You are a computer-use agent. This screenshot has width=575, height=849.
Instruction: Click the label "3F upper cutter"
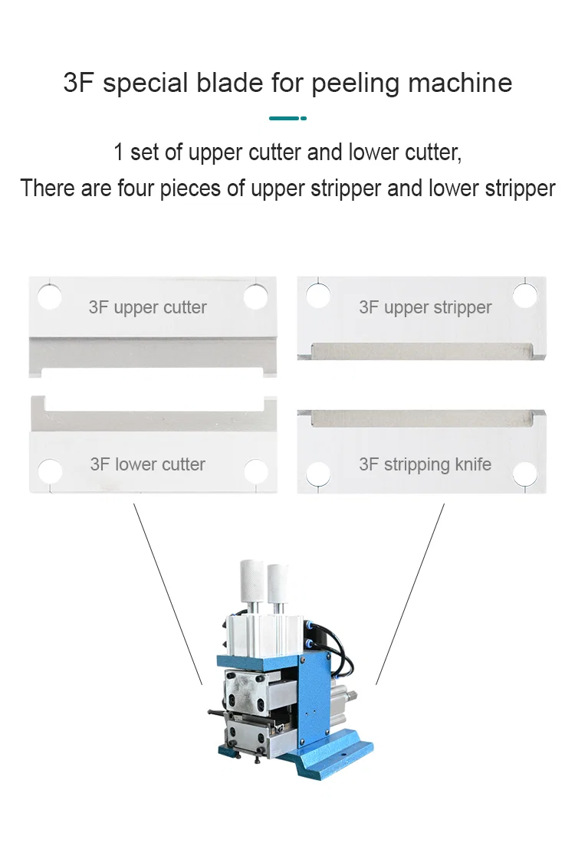147,308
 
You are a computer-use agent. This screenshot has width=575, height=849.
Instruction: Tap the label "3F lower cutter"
147,464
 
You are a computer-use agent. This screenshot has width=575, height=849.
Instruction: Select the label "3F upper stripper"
425,308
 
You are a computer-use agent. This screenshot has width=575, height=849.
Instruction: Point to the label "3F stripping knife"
425,464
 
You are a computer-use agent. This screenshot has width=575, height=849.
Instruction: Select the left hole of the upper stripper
318,295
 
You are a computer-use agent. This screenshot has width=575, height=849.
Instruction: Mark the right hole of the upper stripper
525,295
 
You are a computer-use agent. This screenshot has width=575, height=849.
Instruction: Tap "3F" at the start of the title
79,82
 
